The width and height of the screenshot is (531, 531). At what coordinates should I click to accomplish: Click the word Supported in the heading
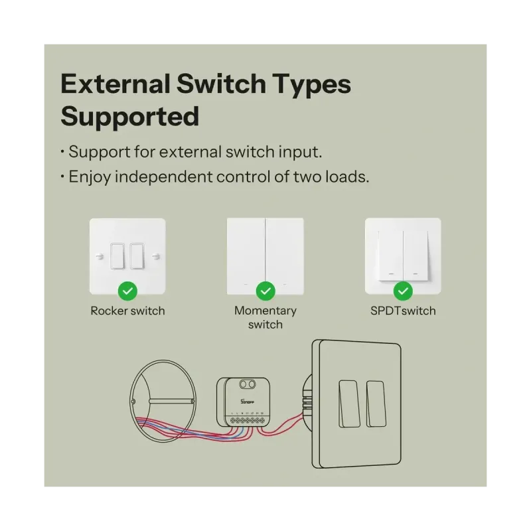[x=130, y=116]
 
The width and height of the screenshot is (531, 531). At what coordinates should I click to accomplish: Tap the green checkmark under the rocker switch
[x=127, y=291]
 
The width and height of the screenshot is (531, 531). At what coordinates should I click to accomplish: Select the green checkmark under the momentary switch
[x=265, y=291]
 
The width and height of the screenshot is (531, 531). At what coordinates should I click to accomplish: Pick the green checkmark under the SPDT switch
[x=403, y=291]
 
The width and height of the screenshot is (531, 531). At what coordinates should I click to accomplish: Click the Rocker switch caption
[x=127, y=311]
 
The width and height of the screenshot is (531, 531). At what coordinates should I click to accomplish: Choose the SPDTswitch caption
[x=403, y=311]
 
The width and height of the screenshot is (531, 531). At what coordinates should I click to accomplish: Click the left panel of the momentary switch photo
[x=246, y=256]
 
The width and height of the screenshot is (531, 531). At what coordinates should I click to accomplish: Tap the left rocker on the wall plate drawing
[x=349, y=403]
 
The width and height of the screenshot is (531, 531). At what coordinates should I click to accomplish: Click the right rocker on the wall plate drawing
[x=376, y=403]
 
